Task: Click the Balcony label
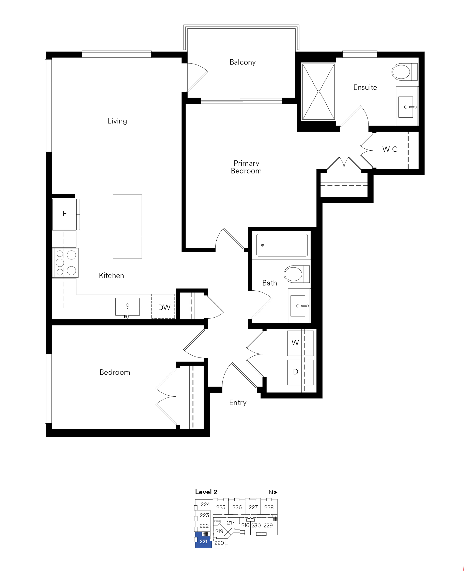(242, 62)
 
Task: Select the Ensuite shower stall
(318, 92)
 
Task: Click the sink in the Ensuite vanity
(406, 107)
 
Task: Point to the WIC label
(390, 149)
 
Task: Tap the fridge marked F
(66, 214)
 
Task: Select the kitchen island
(127, 227)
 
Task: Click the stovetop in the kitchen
(65, 263)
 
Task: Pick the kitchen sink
(127, 307)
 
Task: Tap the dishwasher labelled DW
(163, 306)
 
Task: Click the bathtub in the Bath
(282, 245)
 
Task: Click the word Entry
(238, 403)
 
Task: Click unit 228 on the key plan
(269, 507)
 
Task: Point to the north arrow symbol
(276, 492)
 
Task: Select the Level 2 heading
(206, 492)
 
